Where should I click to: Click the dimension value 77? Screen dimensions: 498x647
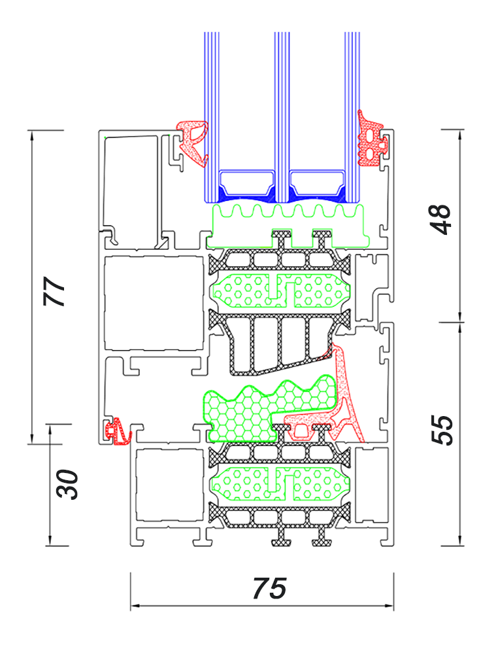(54, 291)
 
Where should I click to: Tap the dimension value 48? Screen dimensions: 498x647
(440, 219)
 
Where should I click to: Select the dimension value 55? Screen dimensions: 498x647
(442, 430)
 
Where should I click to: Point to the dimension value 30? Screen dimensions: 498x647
(67, 484)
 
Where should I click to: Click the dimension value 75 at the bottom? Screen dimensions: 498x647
(269, 588)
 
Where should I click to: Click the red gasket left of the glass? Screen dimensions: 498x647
(192, 143)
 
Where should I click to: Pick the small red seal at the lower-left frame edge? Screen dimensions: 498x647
(118, 432)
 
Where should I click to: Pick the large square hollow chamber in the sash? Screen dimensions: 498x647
(154, 304)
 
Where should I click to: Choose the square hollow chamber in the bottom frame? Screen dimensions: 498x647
(169, 485)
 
